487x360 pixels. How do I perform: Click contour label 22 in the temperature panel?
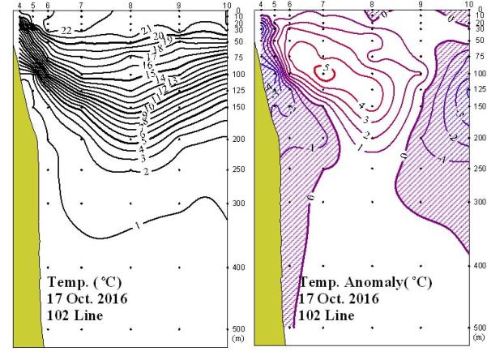click(66, 30)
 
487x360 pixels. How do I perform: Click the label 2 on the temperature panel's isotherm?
click(145, 172)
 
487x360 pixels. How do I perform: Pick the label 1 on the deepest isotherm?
click(138, 226)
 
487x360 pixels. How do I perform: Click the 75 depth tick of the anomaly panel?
click(479, 58)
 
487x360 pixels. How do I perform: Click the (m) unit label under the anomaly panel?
click(478, 337)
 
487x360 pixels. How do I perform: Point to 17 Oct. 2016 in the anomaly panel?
click(339, 298)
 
